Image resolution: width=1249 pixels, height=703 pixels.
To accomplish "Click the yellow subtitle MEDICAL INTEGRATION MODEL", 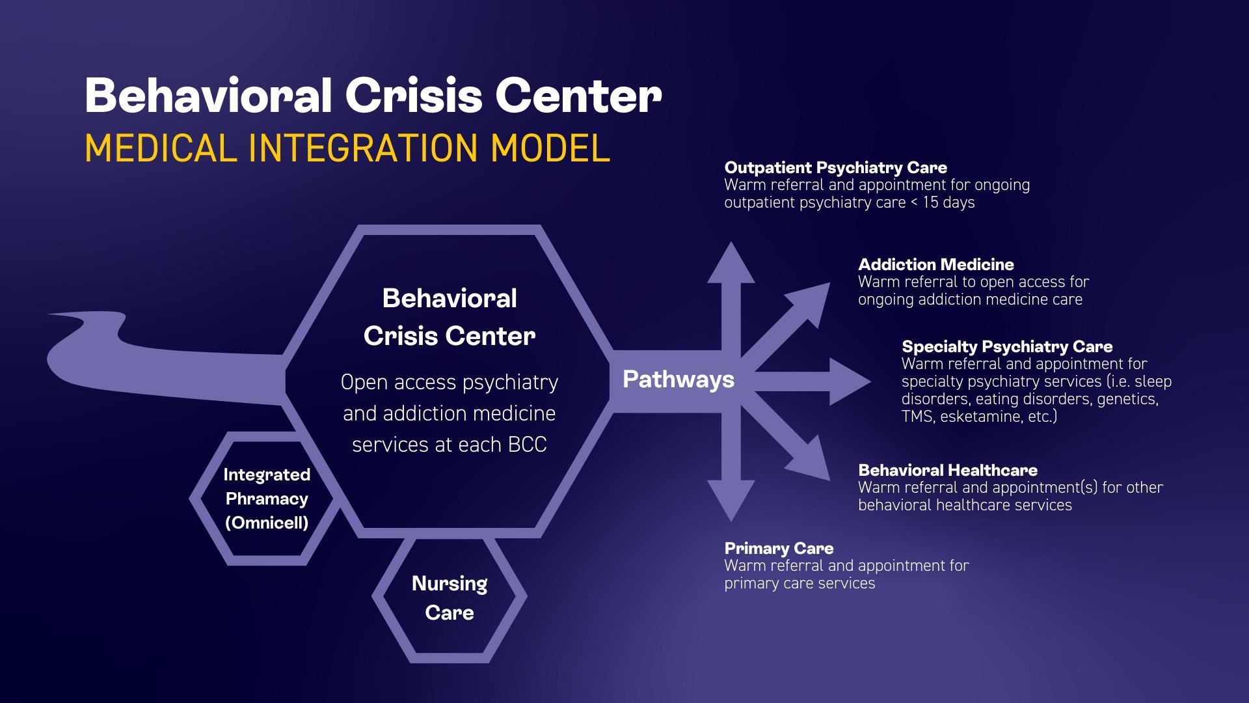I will [347, 148].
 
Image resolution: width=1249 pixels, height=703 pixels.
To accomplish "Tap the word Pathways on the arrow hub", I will [678, 379].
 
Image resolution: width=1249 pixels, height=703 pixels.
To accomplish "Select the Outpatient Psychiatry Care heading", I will [835, 168].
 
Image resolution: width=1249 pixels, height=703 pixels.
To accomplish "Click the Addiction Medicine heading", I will [935, 265].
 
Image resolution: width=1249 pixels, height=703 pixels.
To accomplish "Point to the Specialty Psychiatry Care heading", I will [1006, 346].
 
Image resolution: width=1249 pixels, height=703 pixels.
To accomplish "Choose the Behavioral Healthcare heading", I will [947, 470].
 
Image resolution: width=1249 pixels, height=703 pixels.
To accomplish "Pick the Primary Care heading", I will [779, 548].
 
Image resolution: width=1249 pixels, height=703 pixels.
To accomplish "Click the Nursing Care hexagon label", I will [450, 598].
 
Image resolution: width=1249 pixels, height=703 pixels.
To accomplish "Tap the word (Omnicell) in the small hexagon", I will [267, 523].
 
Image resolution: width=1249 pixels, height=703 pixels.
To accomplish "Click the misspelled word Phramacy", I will [267, 499].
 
